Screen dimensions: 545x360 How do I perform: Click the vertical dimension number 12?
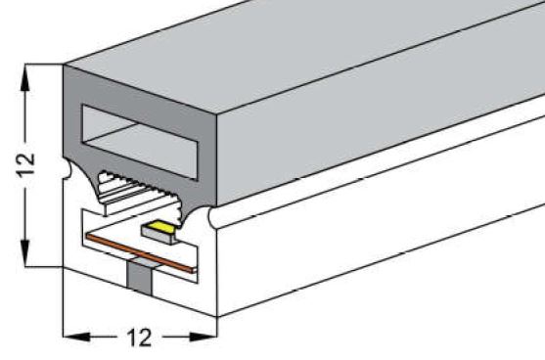tap(26, 164)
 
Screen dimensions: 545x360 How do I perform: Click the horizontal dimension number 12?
tap(139, 337)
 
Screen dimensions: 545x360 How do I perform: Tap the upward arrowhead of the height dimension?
tap(25, 78)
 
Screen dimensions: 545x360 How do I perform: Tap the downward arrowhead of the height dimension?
tap(25, 253)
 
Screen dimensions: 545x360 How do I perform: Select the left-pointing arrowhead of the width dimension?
tap(76, 337)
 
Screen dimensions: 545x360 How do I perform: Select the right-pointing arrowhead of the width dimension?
tap(203, 337)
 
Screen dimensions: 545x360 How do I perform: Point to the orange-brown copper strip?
tap(141, 253)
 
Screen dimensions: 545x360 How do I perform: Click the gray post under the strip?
tap(140, 277)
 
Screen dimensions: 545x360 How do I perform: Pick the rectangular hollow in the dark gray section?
tap(140, 142)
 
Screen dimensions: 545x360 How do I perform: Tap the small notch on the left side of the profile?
tap(67, 169)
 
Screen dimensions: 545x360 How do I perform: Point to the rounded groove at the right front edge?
tap(211, 217)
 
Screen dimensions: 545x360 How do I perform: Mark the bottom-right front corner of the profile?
tap(217, 317)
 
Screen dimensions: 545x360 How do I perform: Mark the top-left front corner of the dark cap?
tap(64, 65)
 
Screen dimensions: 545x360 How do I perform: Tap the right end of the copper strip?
tap(195, 270)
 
